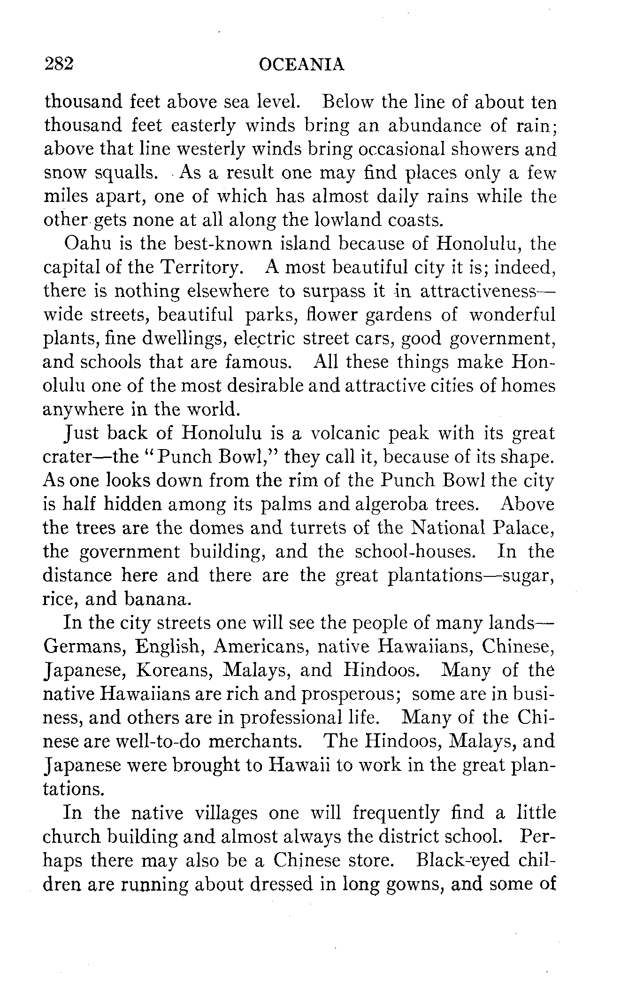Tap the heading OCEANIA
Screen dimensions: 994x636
[x=302, y=64]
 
